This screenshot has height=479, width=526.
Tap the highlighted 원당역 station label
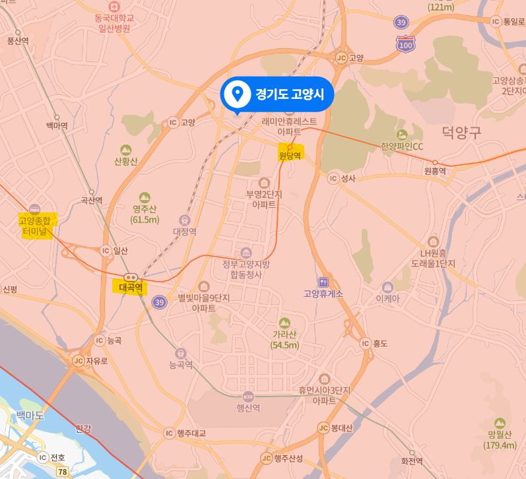click(x=290, y=156)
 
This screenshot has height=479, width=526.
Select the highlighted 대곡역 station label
click(x=131, y=287)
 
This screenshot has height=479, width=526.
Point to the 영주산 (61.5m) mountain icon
click(x=145, y=197)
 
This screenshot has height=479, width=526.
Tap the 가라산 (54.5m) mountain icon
click(x=284, y=322)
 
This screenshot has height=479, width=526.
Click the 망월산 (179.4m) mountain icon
click(x=500, y=422)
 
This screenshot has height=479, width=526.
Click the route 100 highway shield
click(x=406, y=44)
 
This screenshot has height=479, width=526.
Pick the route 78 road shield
click(x=63, y=471)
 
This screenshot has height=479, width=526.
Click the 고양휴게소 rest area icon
click(x=323, y=282)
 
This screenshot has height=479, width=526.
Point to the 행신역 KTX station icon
click(x=248, y=397)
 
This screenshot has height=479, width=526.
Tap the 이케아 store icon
click(x=387, y=287)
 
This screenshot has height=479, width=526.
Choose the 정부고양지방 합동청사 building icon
click(x=246, y=253)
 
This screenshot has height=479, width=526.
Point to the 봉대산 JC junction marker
click(x=323, y=428)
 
